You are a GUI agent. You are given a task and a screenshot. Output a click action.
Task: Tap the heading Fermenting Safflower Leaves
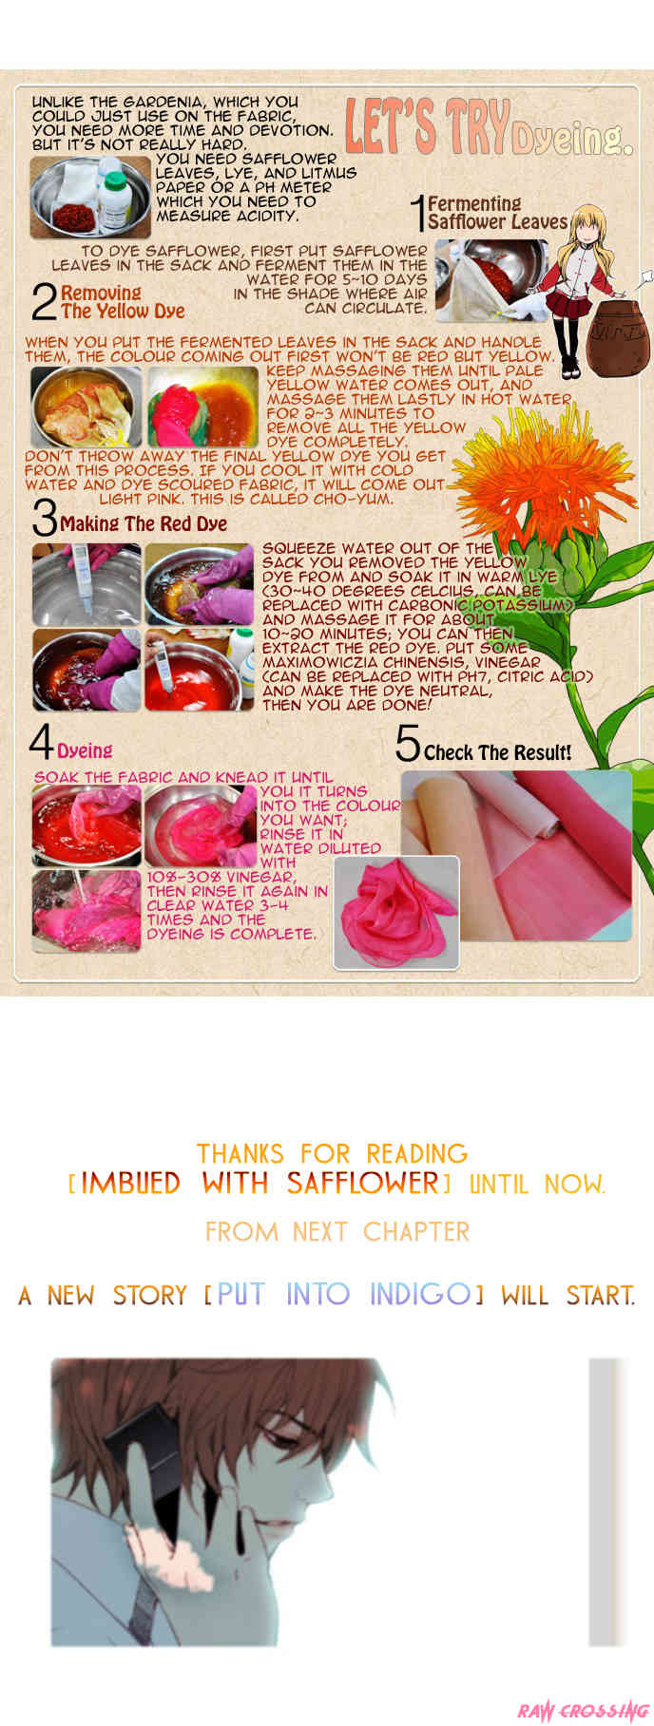pos(497,213)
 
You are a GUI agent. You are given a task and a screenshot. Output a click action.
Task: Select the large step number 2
pos(44,303)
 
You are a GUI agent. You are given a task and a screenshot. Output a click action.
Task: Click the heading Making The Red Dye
pos(144,523)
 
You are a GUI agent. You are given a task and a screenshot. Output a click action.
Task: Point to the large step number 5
pos(408,744)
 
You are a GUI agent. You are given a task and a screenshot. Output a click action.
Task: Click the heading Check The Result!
pos(498,752)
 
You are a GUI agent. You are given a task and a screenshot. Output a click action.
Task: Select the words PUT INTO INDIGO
pos(344,1294)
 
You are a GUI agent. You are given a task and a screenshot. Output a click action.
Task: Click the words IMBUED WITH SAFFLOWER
pos(260,1184)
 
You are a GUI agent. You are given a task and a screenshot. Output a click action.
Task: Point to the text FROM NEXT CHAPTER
pos(337,1232)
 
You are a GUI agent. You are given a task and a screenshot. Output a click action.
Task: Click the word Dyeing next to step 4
pos(85,750)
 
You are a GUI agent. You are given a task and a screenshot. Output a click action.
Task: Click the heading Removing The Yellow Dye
pos(123,302)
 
